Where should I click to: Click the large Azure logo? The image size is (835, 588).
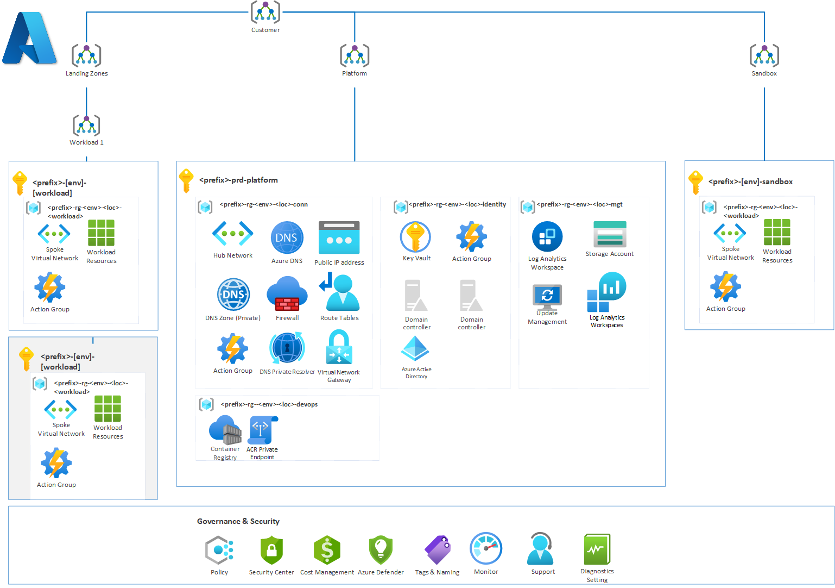[29, 38]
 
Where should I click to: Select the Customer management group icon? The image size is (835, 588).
[265, 12]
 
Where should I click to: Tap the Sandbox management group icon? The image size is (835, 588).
[764, 55]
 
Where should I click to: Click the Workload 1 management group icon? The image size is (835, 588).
[86, 126]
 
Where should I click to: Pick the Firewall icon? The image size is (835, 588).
[287, 294]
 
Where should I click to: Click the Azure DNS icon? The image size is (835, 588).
[287, 237]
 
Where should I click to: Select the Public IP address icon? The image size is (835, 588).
[339, 237]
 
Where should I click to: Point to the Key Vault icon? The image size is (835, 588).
[415, 237]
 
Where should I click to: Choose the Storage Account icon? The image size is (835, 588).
[610, 234]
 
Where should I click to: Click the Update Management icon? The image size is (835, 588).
[547, 297]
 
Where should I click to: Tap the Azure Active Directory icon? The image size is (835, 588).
[415, 349]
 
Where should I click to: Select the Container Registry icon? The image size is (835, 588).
[225, 430]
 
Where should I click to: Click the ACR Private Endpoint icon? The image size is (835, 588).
[263, 430]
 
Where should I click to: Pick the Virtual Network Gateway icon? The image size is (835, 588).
[339, 348]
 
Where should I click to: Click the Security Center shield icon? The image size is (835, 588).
[271, 550]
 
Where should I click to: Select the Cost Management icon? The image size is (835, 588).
[327, 550]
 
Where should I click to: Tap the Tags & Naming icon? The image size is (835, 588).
[438, 549]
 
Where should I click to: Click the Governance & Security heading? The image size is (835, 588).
[238, 521]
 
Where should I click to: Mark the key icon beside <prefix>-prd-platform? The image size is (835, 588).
[186, 180]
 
